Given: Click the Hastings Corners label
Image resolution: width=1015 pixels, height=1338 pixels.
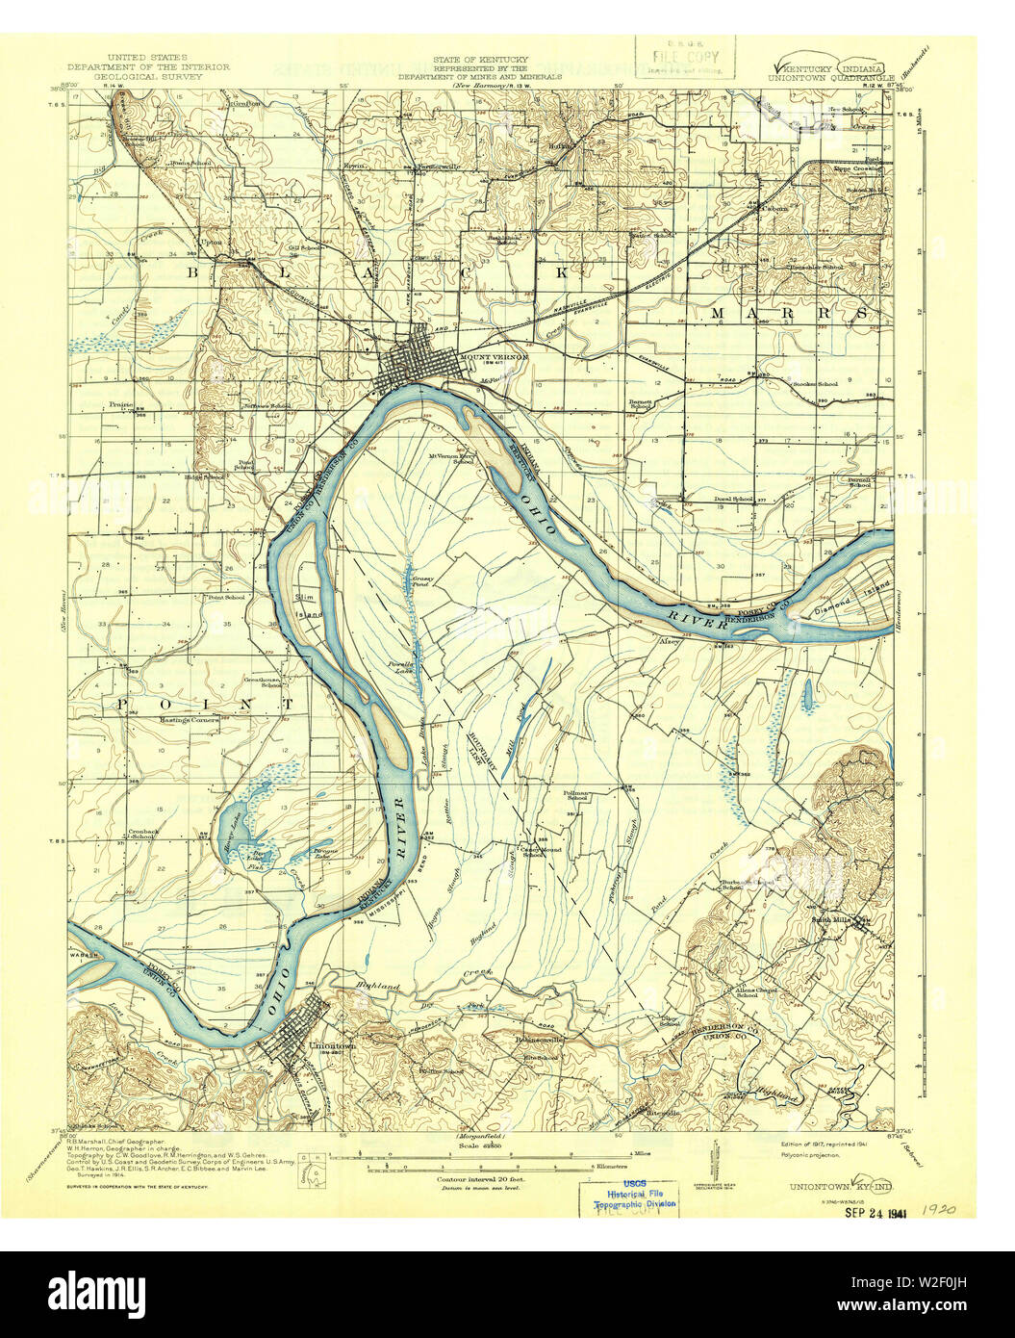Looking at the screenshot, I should pyautogui.click(x=190, y=718).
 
